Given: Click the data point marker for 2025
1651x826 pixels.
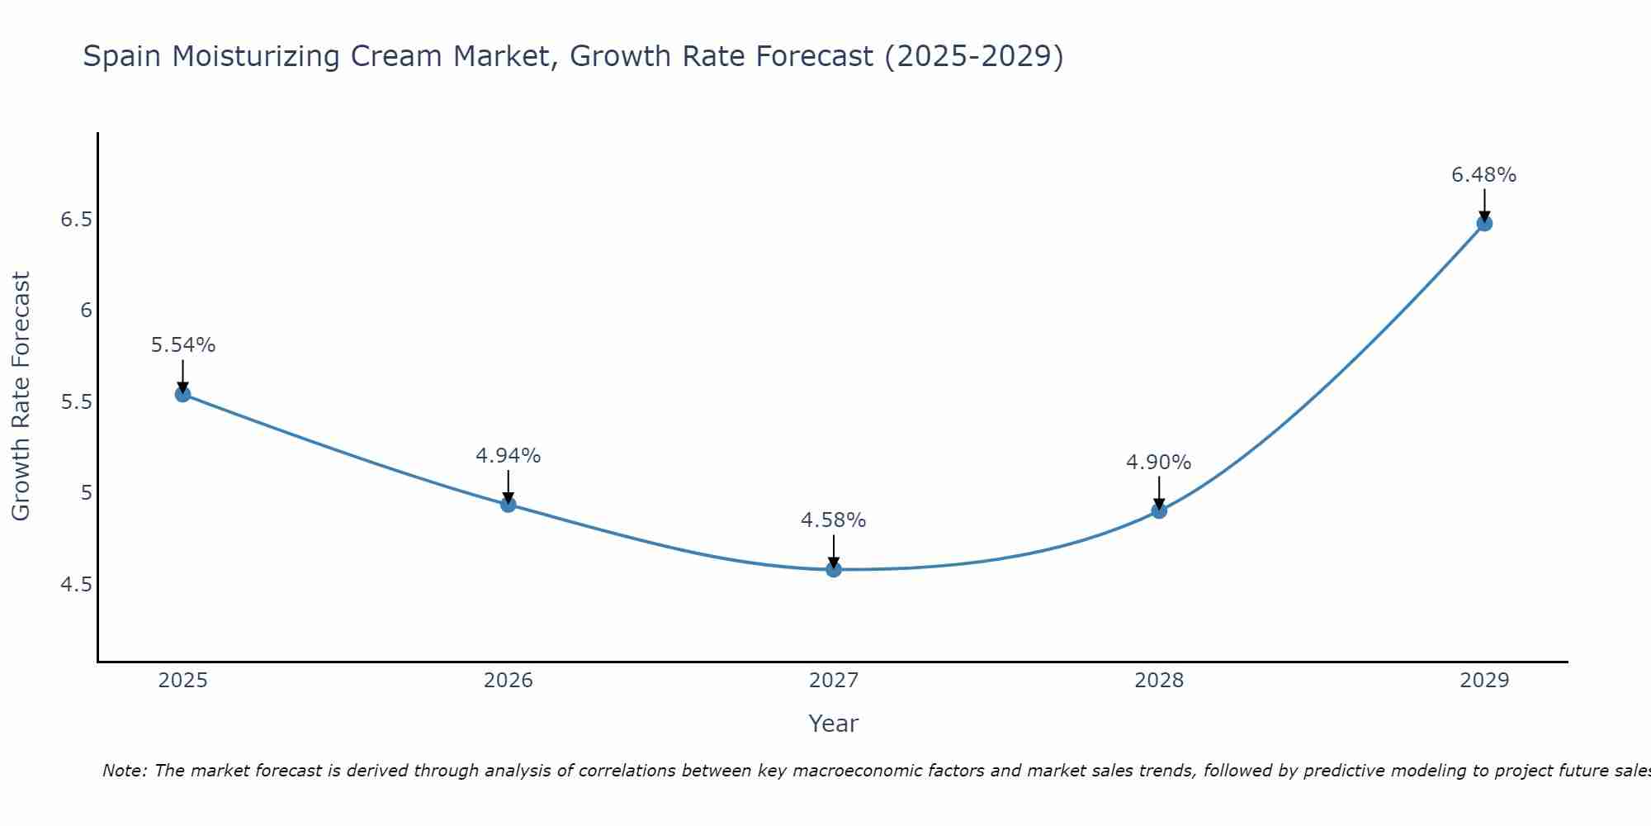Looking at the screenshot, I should [x=182, y=394].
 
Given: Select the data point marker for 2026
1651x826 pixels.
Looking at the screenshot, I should [x=509, y=504].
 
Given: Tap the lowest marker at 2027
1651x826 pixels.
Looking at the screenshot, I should [x=834, y=569].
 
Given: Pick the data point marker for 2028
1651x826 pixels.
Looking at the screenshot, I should [x=1159, y=510].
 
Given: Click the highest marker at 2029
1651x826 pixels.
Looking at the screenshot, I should [x=1484, y=223].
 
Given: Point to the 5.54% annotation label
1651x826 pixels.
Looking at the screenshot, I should [x=182, y=345].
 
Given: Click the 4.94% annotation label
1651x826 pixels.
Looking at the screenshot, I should [x=509, y=456].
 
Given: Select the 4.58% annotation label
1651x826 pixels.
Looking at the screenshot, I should [x=834, y=520].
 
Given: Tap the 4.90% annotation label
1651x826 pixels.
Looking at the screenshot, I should [x=1159, y=463].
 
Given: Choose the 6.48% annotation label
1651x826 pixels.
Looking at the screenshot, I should [x=1484, y=175].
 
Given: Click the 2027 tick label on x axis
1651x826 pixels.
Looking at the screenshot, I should [x=834, y=681].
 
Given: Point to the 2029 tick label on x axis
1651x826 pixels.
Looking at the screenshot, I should [x=1484, y=681].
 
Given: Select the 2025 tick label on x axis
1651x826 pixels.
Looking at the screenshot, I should [x=182, y=681].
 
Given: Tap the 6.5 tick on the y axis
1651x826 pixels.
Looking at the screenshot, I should [x=76, y=220].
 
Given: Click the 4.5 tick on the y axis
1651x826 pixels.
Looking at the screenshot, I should [x=76, y=585].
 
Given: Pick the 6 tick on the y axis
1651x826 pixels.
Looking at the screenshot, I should [x=85, y=311].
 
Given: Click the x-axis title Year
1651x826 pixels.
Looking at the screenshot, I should [x=834, y=724].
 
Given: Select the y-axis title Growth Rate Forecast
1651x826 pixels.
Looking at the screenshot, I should [x=21, y=396].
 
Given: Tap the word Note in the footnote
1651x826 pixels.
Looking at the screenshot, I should [x=123, y=771].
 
